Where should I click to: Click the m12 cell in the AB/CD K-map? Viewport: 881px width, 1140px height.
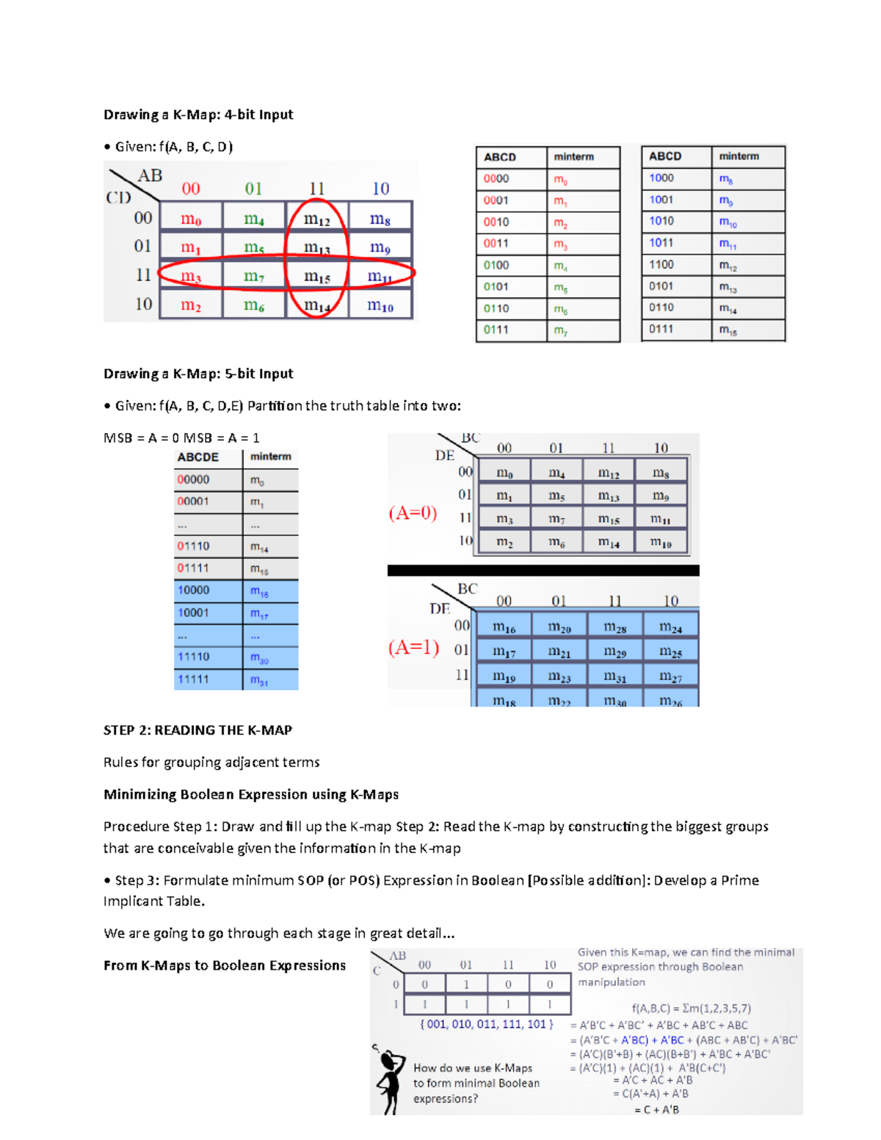316,219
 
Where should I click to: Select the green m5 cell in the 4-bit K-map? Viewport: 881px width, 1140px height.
253,248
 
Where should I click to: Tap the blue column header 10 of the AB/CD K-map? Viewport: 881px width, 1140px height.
380,189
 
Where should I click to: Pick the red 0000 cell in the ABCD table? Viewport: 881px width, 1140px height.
497,178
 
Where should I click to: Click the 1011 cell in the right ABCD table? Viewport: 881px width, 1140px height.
661,242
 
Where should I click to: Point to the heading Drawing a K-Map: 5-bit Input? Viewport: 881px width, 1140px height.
198,374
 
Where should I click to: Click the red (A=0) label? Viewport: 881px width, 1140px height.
413,513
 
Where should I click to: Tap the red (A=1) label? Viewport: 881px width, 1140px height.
413,647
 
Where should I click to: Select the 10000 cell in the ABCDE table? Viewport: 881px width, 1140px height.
194,590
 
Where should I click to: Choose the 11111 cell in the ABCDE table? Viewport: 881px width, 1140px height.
194,679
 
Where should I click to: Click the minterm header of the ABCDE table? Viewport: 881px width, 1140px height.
270,457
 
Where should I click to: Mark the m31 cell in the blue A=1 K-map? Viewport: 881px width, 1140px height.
614,676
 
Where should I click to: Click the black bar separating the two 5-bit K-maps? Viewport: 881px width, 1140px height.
543,570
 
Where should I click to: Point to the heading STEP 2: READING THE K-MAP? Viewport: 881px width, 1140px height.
197,730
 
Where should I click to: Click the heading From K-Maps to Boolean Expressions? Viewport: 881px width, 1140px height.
225,965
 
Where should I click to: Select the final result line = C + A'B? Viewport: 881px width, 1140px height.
656,1109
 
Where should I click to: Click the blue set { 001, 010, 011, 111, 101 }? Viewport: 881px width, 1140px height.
487,1024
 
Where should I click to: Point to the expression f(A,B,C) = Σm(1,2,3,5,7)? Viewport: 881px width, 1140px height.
691,1009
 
